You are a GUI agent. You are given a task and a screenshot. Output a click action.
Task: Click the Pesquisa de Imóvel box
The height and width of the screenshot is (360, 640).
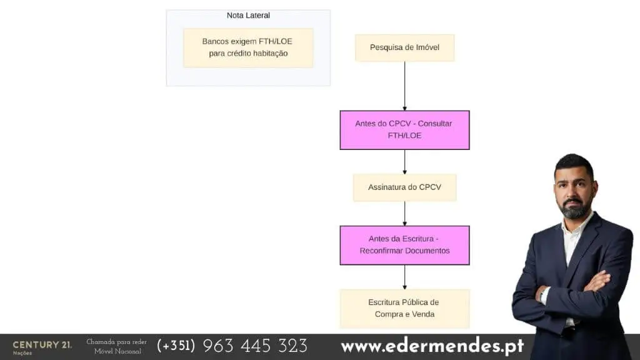404,47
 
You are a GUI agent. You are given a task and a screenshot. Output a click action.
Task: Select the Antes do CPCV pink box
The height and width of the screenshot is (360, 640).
404,130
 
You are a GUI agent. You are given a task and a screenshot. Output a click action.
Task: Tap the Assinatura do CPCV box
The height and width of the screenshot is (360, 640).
404,187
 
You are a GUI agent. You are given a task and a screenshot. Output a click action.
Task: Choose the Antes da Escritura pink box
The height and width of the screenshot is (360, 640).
404,245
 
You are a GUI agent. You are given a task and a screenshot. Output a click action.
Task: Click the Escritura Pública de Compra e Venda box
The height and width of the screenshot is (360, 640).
404,309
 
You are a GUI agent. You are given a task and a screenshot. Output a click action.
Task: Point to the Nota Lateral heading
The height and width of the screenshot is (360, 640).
248,16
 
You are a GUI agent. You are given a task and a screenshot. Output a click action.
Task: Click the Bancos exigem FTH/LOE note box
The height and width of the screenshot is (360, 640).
248,47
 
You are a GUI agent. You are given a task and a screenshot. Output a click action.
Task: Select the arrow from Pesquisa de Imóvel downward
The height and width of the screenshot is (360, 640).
404,86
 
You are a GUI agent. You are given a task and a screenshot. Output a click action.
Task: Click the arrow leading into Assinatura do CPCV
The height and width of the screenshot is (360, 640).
404,162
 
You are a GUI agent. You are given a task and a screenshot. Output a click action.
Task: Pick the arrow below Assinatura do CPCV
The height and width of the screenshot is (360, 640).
404,214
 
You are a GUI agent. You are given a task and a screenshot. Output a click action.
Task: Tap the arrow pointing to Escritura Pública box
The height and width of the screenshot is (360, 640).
404,277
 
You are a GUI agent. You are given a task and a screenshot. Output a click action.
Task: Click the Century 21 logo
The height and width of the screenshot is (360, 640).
42,347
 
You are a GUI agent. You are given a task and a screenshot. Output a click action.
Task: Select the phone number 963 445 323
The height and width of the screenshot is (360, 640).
255,346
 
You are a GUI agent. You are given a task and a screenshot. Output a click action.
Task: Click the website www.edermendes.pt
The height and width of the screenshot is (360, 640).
432,346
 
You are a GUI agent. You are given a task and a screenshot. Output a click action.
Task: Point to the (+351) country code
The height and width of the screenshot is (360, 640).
176,346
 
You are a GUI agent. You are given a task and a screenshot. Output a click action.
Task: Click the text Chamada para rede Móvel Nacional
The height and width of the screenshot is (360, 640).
117,346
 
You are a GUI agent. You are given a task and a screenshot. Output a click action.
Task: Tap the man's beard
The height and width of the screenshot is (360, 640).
575,207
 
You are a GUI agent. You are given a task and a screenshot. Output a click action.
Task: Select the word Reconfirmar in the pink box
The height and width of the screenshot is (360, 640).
381,251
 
